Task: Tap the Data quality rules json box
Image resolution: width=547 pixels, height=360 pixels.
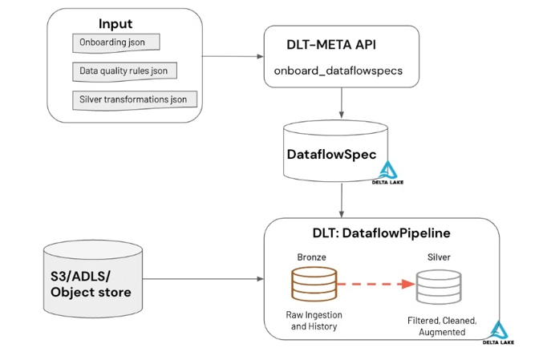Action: pyautogui.click(x=124, y=71)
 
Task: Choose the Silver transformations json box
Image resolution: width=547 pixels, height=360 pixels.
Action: pyautogui.click(x=134, y=100)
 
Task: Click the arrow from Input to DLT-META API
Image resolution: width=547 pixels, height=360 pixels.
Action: pyautogui.click(x=233, y=56)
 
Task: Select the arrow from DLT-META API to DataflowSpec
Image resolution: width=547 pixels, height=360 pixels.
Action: pyautogui.click(x=342, y=102)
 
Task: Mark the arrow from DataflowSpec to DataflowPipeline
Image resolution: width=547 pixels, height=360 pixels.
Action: pyautogui.click(x=342, y=199)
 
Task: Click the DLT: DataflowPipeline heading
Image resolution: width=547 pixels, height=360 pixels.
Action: pyautogui.click(x=381, y=233)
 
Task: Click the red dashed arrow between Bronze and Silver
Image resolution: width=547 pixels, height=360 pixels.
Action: pyautogui.click(x=373, y=284)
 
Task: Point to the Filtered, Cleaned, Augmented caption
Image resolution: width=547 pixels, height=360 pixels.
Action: pyautogui.click(x=442, y=326)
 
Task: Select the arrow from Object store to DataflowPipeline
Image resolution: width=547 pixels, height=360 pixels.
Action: pyautogui.click(x=204, y=279)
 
